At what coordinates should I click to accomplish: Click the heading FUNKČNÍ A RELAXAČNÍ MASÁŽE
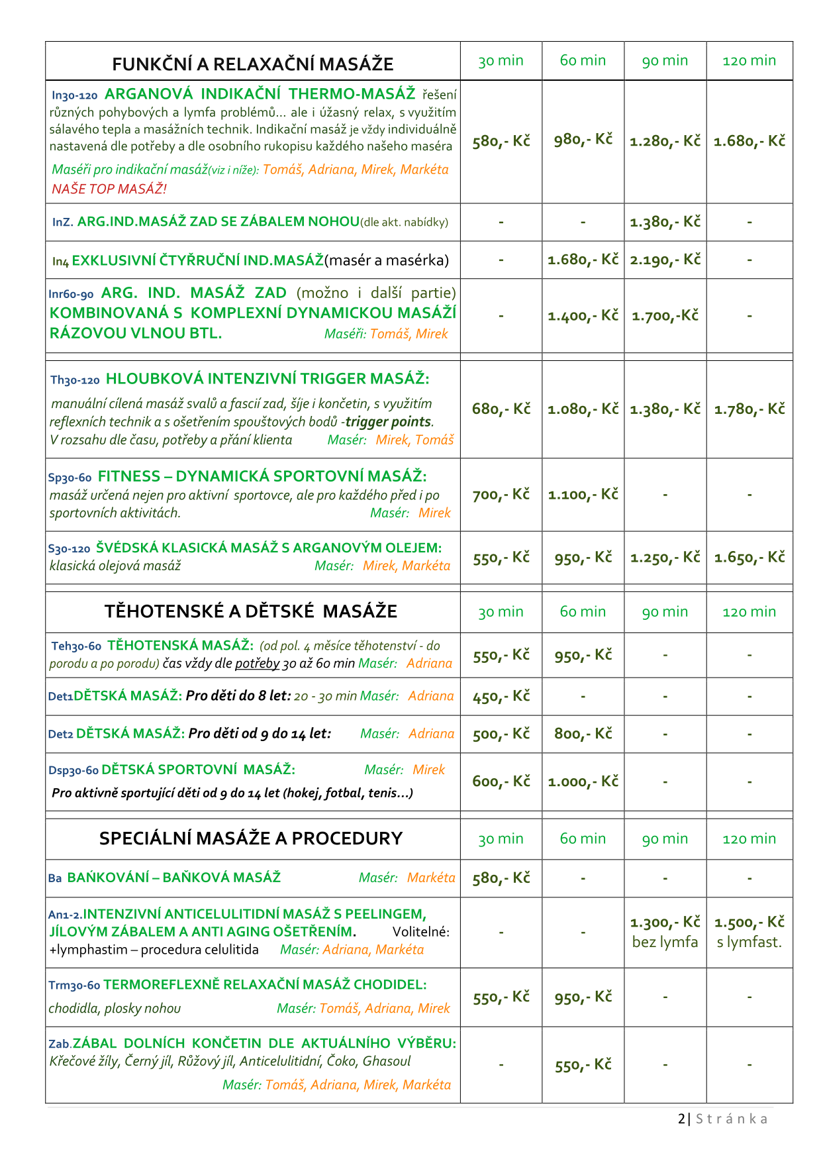(252, 64)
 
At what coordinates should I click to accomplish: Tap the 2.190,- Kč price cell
(665, 260)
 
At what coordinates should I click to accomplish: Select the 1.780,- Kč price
(749, 409)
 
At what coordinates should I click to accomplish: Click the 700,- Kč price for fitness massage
(501, 495)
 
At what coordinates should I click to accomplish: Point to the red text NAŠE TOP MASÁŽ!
(109, 189)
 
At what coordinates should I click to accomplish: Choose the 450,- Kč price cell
(501, 696)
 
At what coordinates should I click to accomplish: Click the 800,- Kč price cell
(583, 734)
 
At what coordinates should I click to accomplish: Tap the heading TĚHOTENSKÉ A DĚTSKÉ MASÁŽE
(250, 611)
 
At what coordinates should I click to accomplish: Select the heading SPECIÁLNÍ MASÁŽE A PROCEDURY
(250, 838)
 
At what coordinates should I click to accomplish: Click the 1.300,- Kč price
(665, 923)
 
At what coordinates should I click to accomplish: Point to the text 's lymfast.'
(749, 942)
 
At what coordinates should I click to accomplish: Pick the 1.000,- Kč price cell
(583, 782)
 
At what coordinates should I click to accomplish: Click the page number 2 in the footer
(681, 1119)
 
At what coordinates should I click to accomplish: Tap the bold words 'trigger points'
(388, 422)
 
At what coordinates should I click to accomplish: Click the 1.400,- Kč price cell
(583, 316)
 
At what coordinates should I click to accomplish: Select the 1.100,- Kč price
(583, 495)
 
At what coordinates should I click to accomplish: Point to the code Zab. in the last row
(60, 1044)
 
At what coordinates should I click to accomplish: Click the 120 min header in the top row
(749, 61)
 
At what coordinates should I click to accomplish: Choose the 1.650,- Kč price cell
(749, 558)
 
